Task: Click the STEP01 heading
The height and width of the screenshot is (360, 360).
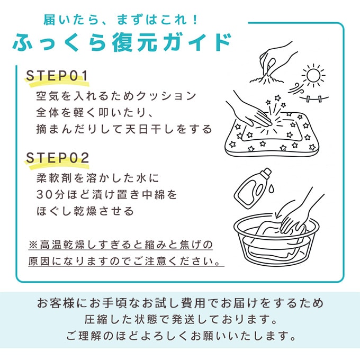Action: (57, 76)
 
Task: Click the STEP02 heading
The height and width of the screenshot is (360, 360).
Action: (57, 158)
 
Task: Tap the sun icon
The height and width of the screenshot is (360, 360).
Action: (313, 75)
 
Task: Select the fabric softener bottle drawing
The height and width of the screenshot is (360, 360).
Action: (253, 188)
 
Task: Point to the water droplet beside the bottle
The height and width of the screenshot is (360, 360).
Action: (271, 188)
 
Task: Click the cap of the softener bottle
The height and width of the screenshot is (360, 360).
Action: (266, 173)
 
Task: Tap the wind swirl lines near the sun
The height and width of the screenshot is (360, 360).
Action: (296, 89)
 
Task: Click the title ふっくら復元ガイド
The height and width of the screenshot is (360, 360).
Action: (122, 42)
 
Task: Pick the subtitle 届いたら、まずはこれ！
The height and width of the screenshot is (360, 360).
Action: (121, 20)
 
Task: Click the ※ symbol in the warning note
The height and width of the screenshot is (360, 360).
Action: (33, 245)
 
